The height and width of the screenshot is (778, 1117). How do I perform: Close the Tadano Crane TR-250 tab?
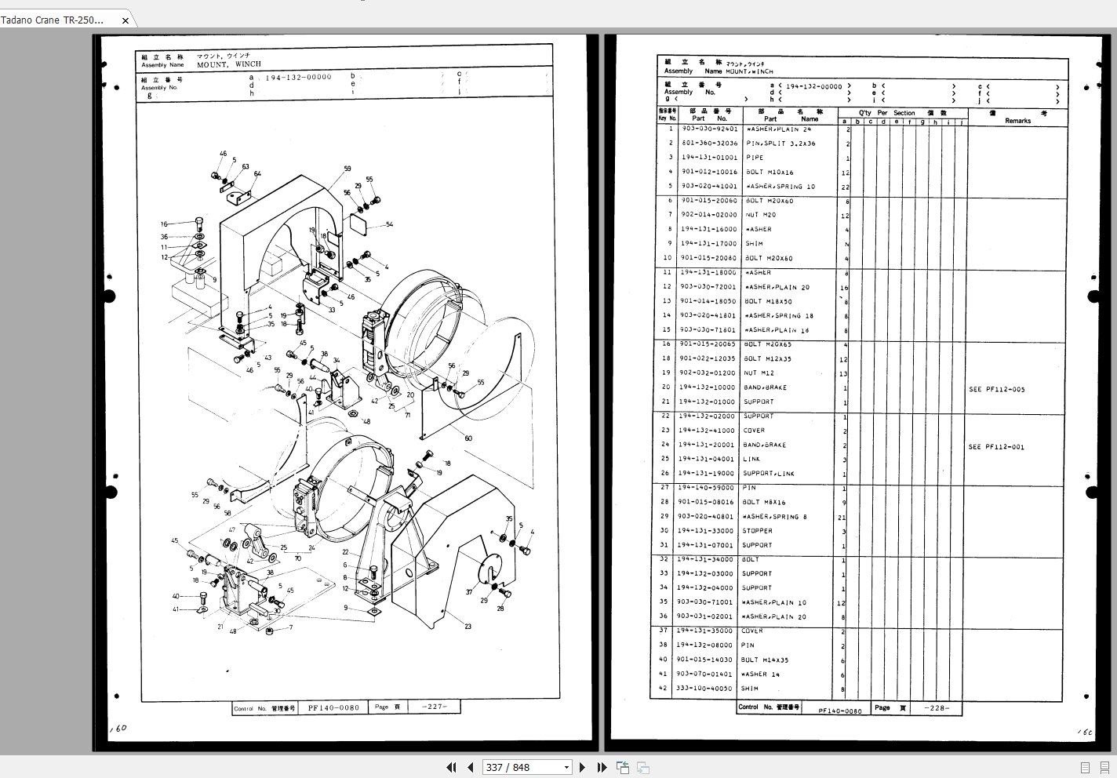click(x=125, y=20)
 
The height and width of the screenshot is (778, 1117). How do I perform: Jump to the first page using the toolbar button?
click(x=451, y=767)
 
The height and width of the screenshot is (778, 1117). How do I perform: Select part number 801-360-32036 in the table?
click(x=709, y=144)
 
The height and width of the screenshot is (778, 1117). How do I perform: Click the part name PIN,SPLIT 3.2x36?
click(x=780, y=144)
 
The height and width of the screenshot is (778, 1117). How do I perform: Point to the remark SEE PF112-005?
click(x=996, y=389)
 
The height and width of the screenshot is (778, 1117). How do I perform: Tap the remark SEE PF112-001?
click(x=996, y=447)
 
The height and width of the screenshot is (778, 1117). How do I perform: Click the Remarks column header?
click(x=1017, y=121)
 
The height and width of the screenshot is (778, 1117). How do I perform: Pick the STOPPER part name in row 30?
click(x=757, y=531)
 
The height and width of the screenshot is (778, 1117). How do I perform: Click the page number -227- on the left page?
click(x=434, y=707)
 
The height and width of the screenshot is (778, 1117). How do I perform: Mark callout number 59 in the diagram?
click(x=347, y=169)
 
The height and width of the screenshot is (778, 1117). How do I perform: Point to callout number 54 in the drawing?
click(x=390, y=224)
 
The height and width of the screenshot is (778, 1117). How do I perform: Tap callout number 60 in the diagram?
click(x=468, y=438)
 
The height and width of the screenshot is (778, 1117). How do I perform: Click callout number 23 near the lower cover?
click(x=468, y=626)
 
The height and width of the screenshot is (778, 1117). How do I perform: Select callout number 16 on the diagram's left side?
click(x=164, y=224)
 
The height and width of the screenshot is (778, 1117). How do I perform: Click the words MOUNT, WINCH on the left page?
click(x=229, y=64)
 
